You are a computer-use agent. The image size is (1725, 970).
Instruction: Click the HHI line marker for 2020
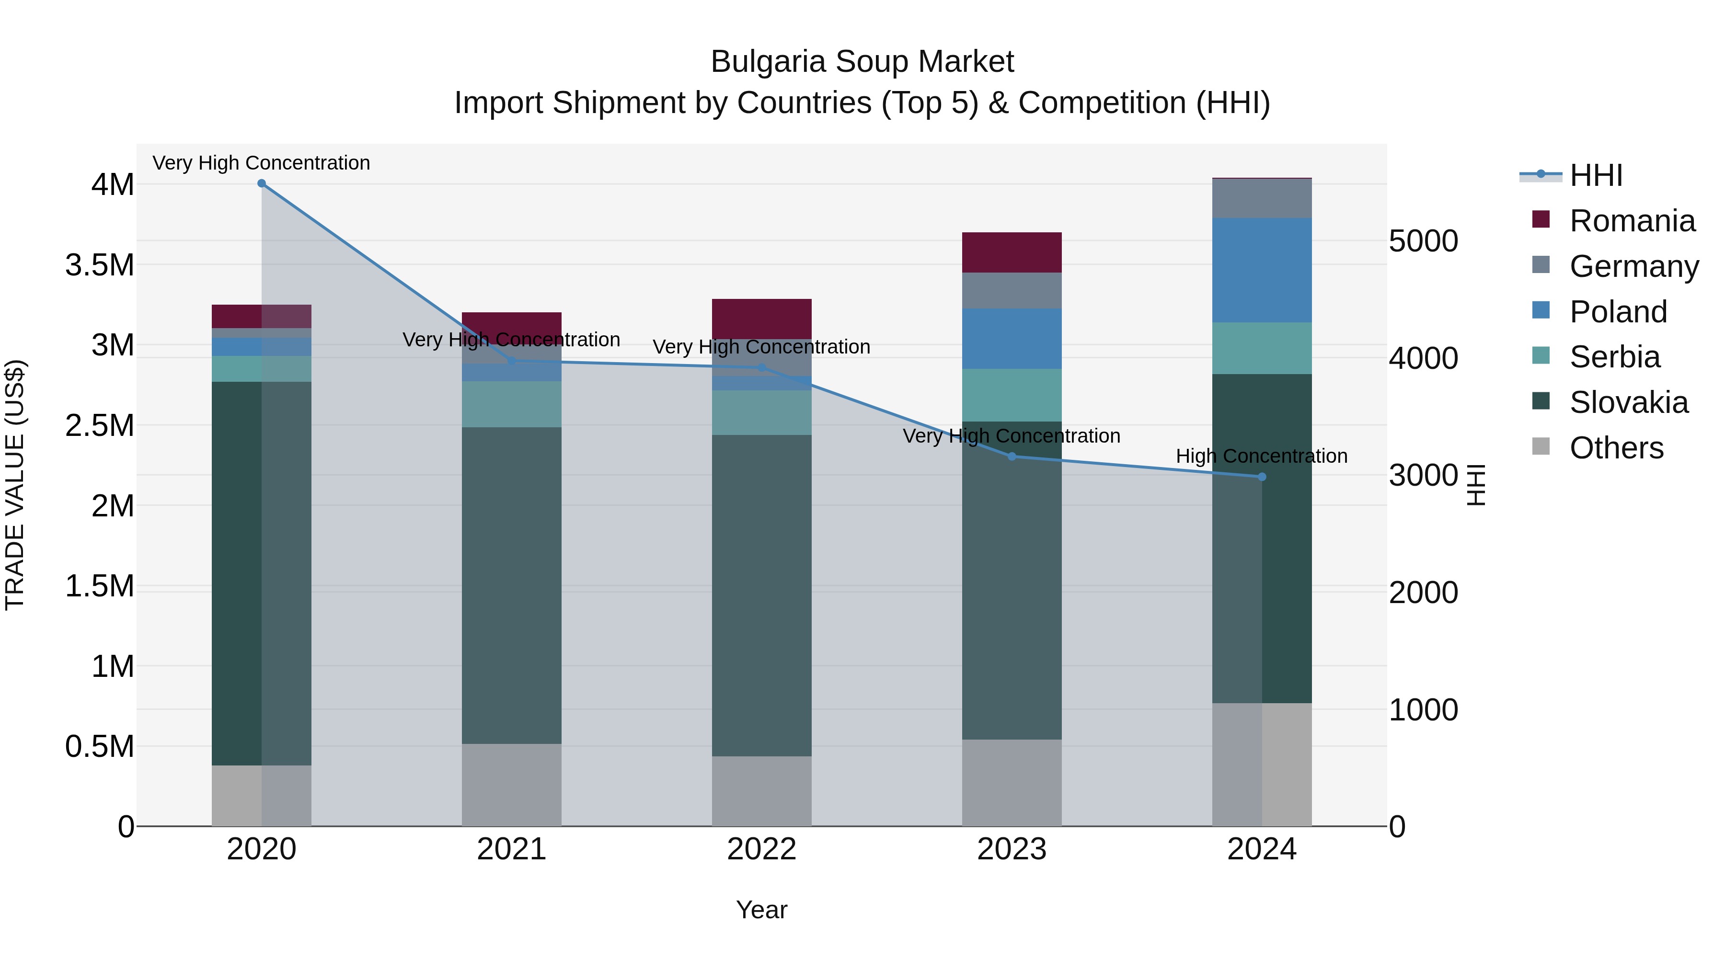pyautogui.click(x=262, y=183)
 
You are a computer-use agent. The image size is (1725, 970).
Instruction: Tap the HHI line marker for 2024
pyautogui.click(x=1262, y=477)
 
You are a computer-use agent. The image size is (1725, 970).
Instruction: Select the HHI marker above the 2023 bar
pyautogui.click(x=1012, y=456)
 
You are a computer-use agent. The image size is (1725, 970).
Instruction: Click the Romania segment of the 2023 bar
pyautogui.click(x=1012, y=252)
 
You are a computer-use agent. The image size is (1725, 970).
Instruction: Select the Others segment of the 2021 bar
pyautogui.click(x=512, y=785)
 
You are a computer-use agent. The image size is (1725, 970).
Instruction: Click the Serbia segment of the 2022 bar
pyautogui.click(x=761, y=412)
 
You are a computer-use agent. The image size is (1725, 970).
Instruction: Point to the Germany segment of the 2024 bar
pyautogui.click(x=1262, y=198)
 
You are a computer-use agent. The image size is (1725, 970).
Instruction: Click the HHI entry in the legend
pyautogui.click(x=1595, y=175)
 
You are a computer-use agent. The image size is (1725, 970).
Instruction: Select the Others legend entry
pyautogui.click(x=1616, y=448)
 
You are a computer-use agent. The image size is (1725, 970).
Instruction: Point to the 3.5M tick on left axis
pyautogui.click(x=100, y=265)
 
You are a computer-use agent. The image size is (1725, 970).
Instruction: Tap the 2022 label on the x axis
pyautogui.click(x=761, y=849)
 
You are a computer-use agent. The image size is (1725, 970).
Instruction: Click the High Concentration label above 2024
pyautogui.click(x=1262, y=456)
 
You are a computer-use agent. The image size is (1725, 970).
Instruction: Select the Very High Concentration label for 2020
pyautogui.click(x=261, y=163)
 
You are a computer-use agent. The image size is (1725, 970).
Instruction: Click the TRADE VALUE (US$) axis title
pyautogui.click(x=15, y=485)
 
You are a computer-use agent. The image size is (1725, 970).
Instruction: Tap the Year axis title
pyautogui.click(x=761, y=910)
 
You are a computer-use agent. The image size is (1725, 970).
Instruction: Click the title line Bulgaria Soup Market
pyautogui.click(x=862, y=62)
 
